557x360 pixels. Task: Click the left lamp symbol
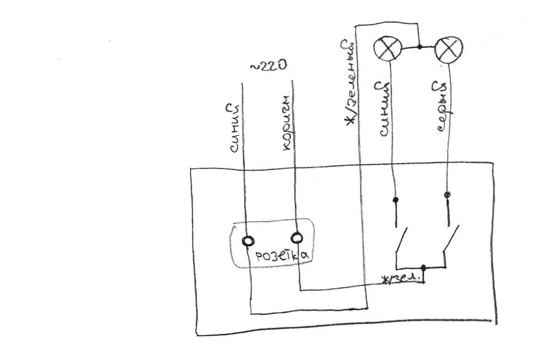click(x=387, y=48)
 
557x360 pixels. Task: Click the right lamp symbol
click(x=449, y=49)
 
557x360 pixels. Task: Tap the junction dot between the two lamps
click(x=419, y=47)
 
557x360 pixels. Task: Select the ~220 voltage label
click(x=268, y=66)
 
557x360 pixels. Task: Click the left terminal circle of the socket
click(x=248, y=240)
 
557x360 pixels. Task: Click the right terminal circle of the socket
click(x=297, y=238)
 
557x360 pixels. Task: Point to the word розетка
click(x=282, y=256)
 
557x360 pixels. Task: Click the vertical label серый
click(x=445, y=107)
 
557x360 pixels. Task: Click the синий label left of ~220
click(x=233, y=128)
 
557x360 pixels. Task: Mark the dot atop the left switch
click(x=396, y=200)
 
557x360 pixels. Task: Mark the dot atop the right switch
click(x=447, y=195)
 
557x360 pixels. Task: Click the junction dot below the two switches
click(x=424, y=268)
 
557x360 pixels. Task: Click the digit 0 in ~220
click(x=281, y=66)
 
